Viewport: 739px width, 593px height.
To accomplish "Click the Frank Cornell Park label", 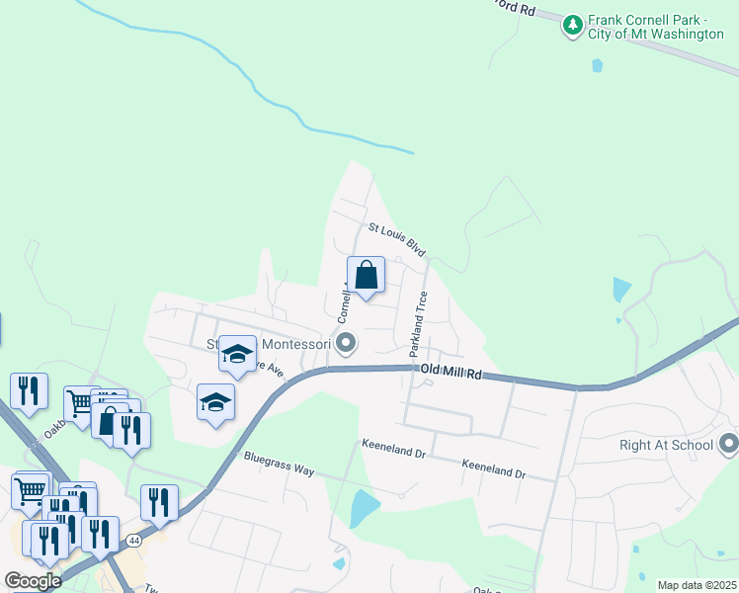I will tap(656, 27).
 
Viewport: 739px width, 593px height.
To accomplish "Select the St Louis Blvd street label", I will tap(396, 240).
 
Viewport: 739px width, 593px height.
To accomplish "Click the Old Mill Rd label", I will tap(450, 373).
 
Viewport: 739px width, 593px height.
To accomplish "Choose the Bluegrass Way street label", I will tap(279, 464).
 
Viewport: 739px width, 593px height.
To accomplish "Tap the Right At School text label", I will tap(665, 444).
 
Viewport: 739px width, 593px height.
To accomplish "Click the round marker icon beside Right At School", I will tap(729, 442).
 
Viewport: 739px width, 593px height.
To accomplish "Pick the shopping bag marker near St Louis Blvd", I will tap(366, 276).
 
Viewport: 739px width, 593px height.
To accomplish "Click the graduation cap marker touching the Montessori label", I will tap(237, 355).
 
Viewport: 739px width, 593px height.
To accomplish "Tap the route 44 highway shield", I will tap(132, 540).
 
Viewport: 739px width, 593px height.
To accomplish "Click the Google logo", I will tap(34, 581).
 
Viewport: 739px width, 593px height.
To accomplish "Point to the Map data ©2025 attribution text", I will tap(697, 585).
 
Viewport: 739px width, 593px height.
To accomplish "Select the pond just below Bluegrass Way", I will tap(364, 508).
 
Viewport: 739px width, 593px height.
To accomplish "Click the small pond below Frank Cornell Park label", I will tap(596, 66).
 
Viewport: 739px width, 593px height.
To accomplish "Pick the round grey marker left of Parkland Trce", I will tap(346, 344).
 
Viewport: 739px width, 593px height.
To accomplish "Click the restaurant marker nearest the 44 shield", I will tap(100, 535).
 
